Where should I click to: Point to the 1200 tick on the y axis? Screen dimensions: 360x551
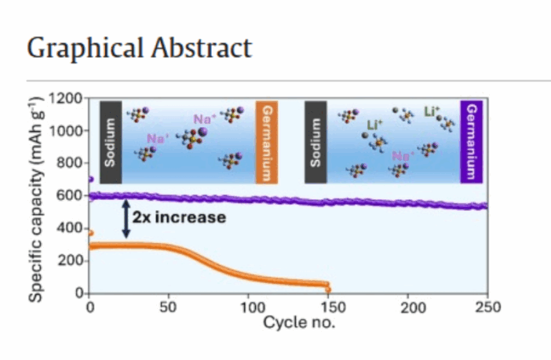pos(67,98)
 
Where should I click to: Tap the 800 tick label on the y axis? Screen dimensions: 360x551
pos(70,163)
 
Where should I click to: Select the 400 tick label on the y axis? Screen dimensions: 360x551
pos(70,228)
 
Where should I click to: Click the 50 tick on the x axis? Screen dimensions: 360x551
pos(168,307)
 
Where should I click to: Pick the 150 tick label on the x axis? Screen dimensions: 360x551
pos(327,307)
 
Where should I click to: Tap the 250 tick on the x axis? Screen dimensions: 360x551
pos(487,307)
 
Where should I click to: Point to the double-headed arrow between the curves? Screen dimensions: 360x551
pos(125,219)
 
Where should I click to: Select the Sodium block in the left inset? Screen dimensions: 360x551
pos(111,142)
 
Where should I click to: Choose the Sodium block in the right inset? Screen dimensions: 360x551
pos(316,142)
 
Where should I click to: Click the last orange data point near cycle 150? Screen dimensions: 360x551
pos(328,289)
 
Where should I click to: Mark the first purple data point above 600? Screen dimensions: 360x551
pos(90,179)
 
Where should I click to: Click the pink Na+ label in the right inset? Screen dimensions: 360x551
pos(403,156)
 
